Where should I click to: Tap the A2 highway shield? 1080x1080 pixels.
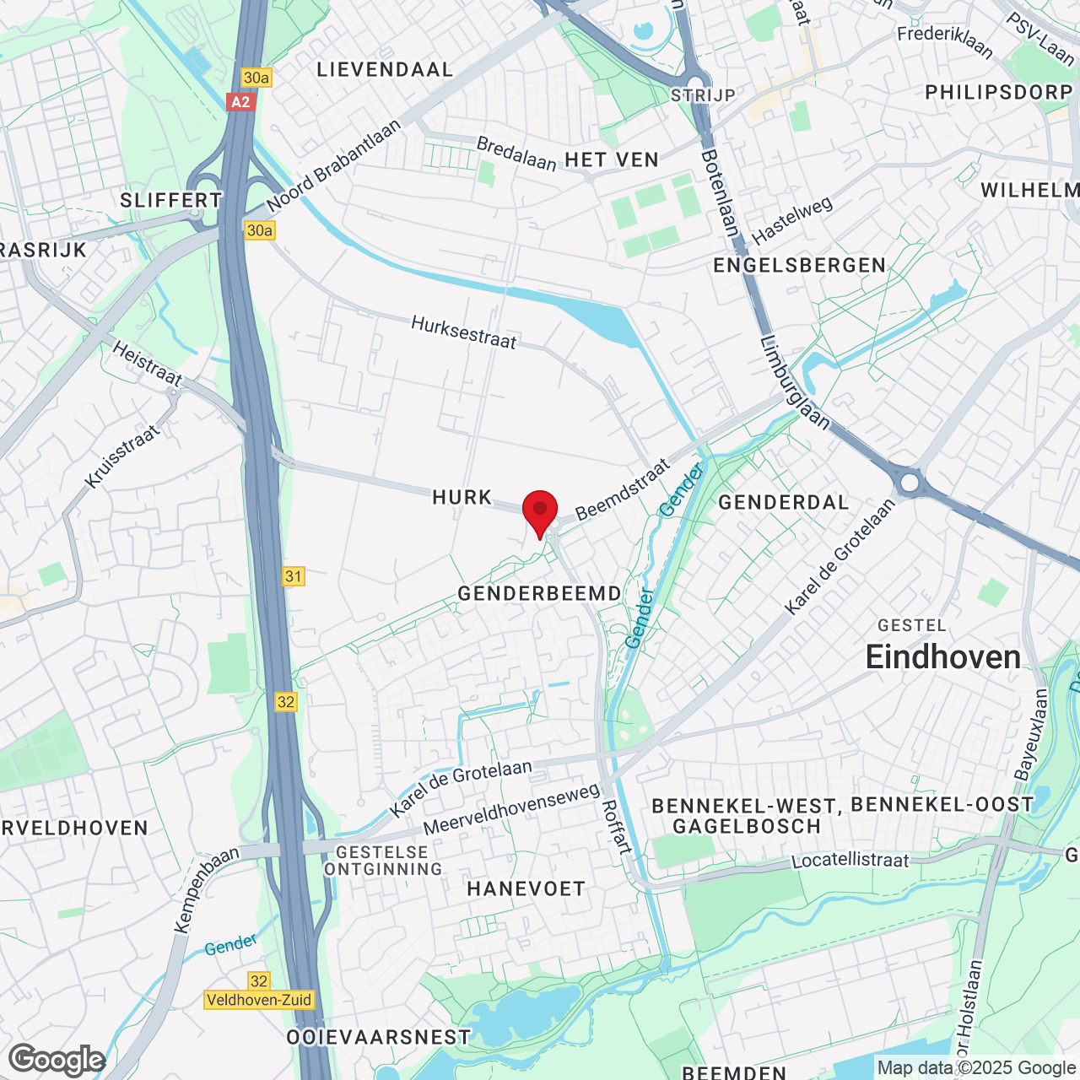click(x=240, y=102)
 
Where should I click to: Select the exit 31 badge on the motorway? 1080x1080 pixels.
click(x=293, y=576)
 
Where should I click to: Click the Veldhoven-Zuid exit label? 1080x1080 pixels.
click(x=259, y=1000)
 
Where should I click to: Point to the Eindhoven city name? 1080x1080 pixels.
click(x=943, y=657)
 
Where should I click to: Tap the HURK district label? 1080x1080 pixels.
click(x=462, y=498)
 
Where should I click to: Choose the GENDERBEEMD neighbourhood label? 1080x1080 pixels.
click(x=539, y=594)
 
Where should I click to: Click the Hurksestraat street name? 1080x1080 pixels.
click(x=463, y=332)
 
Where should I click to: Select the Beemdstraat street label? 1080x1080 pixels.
click(x=622, y=489)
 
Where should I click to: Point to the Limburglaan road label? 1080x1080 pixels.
click(x=794, y=382)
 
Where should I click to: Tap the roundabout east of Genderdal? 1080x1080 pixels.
click(x=910, y=483)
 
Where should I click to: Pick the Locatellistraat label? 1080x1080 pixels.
click(x=850, y=861)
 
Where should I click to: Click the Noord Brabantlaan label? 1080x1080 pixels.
click(x=334, y=166)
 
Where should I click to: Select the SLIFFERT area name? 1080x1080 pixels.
click(x=171, y=200)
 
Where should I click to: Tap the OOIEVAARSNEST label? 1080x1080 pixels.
click(x=378, y=1037)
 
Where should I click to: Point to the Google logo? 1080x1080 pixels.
click(x=57, y=1060)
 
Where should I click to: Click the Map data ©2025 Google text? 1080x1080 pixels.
click(x=976, y=1068)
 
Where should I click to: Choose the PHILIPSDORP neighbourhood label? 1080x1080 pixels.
click(x=998, y=92)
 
